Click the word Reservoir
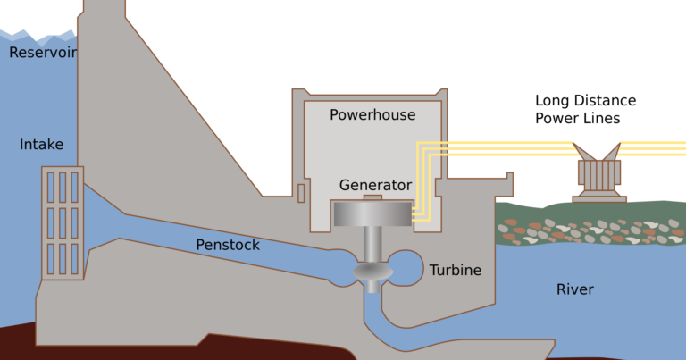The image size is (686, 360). (43, 53)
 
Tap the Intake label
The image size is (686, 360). (42, 144)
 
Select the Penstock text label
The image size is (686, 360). (228, 244)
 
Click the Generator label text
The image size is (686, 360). (375, 186)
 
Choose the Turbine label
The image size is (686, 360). (455, 270)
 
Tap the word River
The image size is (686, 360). (574, 289)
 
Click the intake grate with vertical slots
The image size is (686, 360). (63, 222)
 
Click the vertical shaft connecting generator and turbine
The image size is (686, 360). (372, 242)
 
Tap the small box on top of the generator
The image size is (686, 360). (372, 197)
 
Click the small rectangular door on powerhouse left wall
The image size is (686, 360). (302, 191)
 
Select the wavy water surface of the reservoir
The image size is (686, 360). (36, 36)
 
